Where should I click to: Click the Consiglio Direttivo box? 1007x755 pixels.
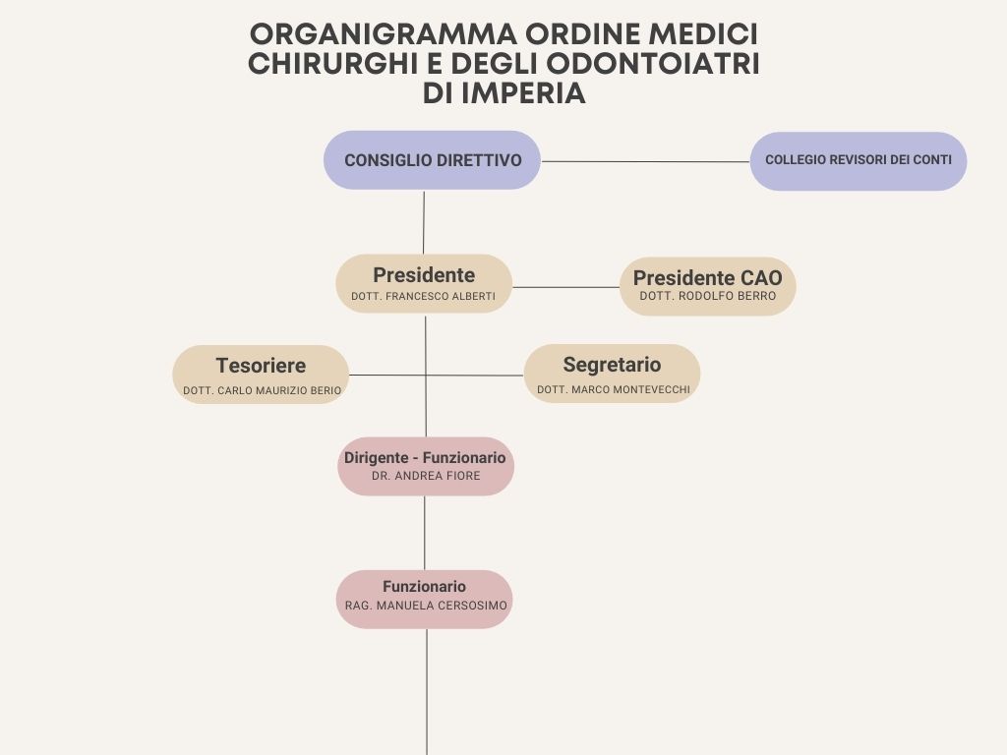coord(432,160)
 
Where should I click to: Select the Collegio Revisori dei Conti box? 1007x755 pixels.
coord(858,160)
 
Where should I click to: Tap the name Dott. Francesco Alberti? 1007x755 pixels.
coord(423,296)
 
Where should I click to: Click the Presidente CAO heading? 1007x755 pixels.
coord(708,277)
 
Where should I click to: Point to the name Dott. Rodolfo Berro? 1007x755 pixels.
coord(708,296)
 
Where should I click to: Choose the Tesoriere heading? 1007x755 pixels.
coord(261,366)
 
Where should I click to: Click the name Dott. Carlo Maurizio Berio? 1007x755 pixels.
coord(262,390)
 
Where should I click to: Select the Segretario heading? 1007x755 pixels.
coord(612,364)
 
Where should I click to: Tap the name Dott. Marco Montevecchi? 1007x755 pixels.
coord(614,389)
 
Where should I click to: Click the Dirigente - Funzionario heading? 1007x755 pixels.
coord(425,458)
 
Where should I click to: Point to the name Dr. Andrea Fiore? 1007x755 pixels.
coord(426,476)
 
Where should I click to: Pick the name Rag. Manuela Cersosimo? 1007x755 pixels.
coord(426,606)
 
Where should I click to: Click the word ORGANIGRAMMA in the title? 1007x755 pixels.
coord(383,34)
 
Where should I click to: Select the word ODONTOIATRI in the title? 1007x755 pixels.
coord(653,64)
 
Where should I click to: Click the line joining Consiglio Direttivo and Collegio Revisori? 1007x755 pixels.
coord(645,162)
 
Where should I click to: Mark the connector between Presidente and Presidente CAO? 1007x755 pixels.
coord(565,287)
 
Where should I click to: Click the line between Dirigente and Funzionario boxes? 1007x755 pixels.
coord(425,533)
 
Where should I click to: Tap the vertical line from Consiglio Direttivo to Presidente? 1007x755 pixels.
coord(424,222)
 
